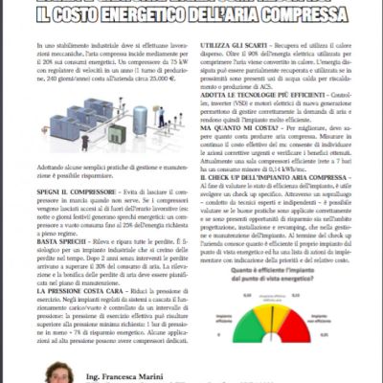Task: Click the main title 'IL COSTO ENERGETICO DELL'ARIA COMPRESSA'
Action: pos(191,14)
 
